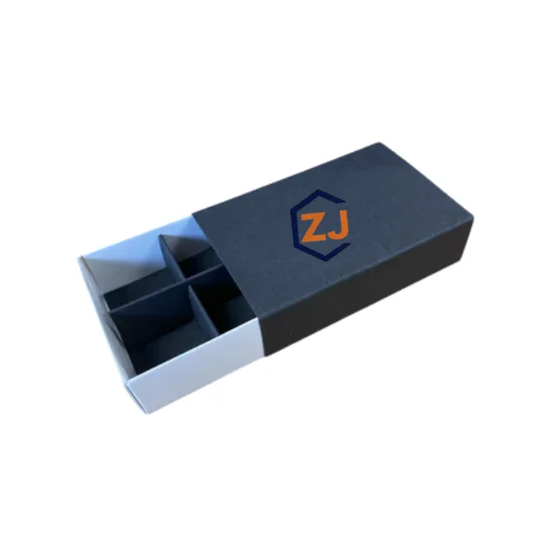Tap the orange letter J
click(x=338, y=225)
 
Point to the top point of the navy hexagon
click(x=317, y=190)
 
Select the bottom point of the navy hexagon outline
click(x=326, y=260)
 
